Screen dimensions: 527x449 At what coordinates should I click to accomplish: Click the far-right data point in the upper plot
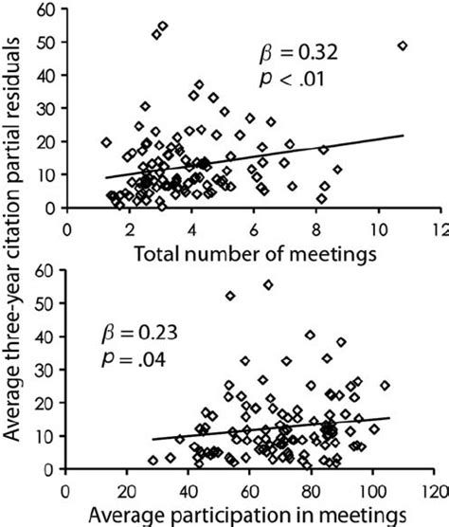pyautogui.click(x=403, y=45)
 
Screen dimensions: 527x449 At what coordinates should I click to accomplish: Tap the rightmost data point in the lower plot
pyautogui.click(x=385, y=386)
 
